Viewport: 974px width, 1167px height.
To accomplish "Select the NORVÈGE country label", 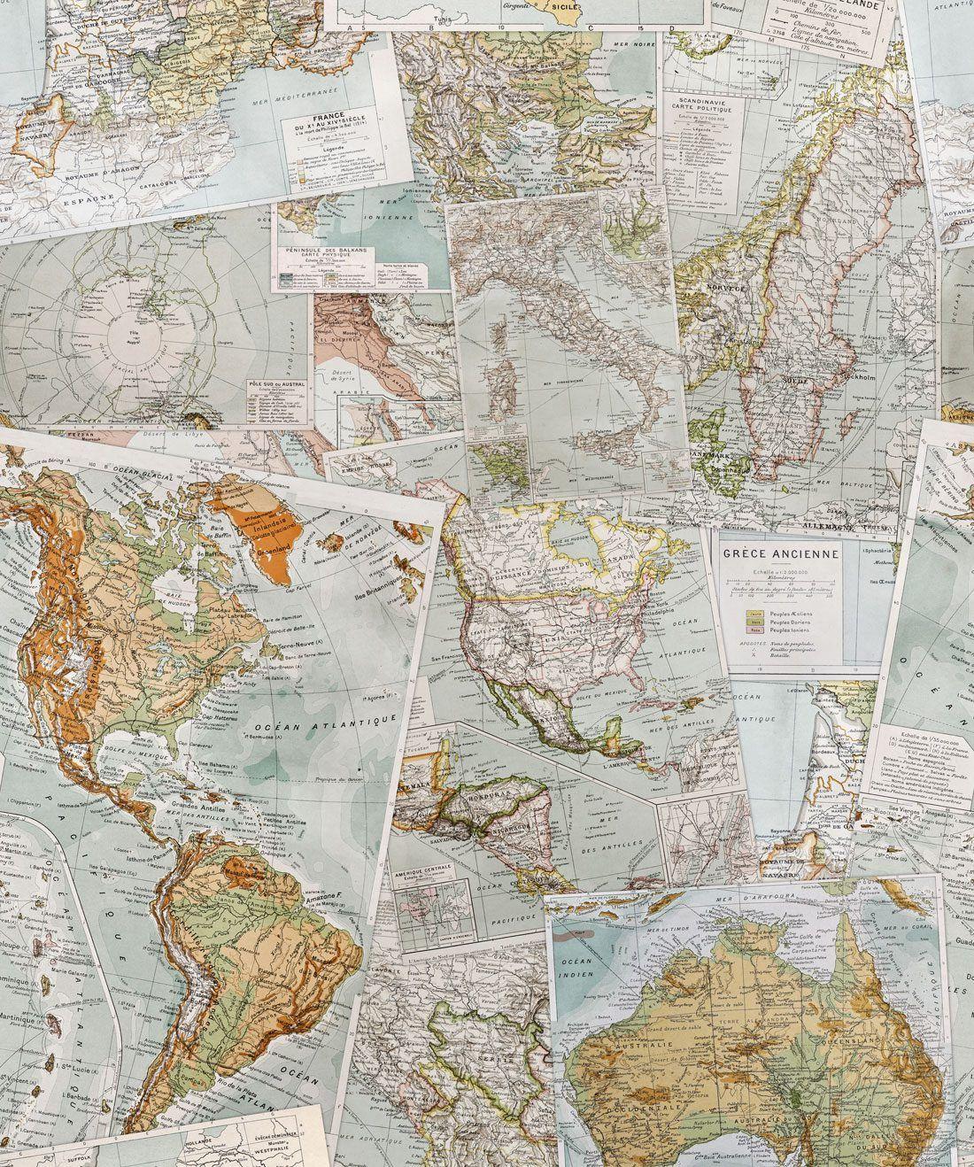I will (724, 288).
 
